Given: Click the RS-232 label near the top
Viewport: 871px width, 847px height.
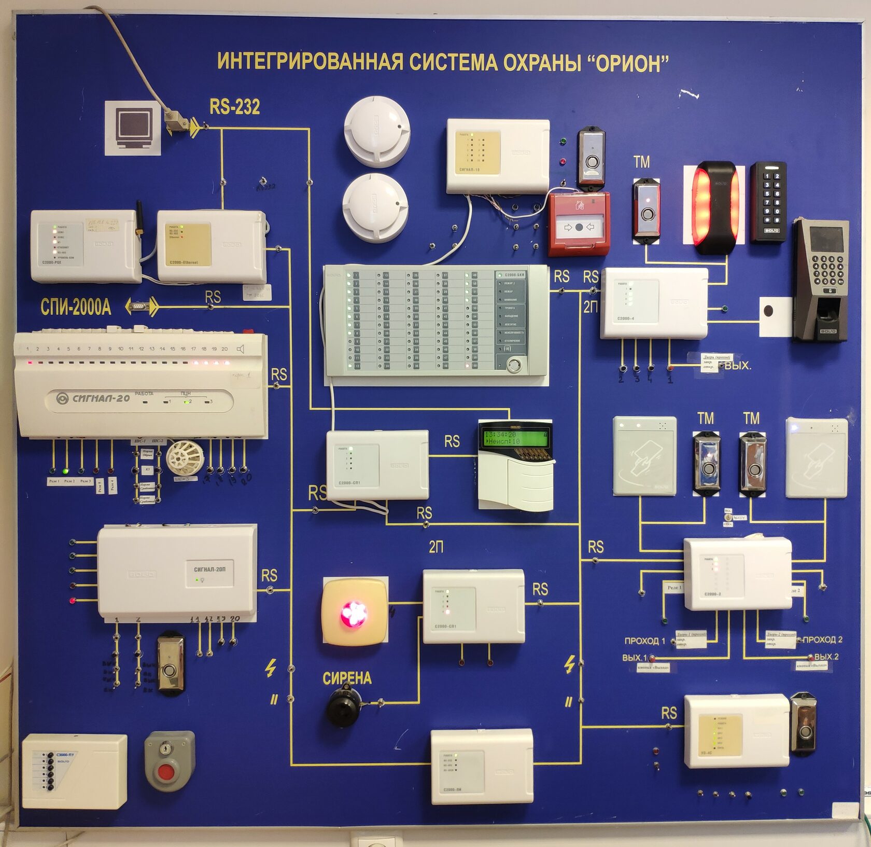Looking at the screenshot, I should (x=234, y=107).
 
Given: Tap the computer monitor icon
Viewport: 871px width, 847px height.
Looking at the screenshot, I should (x=132, y=128).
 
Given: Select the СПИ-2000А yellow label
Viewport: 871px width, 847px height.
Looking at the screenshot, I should (x=76, y=307).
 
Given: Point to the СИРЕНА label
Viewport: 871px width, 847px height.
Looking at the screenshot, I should (x=347, y=678).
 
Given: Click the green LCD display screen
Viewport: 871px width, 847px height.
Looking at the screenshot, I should (x=515, y=438).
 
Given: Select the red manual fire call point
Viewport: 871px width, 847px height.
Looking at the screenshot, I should (x=579, y=224).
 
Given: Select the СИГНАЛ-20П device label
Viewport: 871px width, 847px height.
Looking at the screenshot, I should (x=209, y=570).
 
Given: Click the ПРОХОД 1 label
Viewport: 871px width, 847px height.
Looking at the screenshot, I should (x=644, y=641).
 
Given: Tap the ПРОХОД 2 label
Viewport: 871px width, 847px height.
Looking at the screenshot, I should (x=822, y=640).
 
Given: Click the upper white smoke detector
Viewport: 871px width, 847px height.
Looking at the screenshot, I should (x=377, y=131).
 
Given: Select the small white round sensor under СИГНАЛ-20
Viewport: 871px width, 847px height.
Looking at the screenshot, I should (x=183, y=457).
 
